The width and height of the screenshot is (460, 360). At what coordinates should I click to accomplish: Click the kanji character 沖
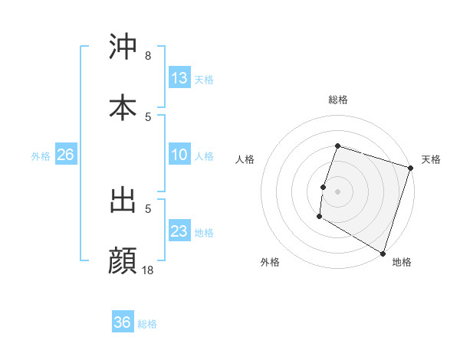tap(123, 47)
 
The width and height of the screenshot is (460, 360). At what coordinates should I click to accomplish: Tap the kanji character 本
tap(123, 108)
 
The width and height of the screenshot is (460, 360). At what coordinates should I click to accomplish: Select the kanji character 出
tap(123, 201)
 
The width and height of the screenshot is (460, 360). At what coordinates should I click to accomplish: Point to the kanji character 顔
tap(123, 261)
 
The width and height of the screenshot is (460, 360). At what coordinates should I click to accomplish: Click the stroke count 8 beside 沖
tap(147, 56)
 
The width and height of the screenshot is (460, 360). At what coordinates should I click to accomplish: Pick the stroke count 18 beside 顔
tap(147, 270)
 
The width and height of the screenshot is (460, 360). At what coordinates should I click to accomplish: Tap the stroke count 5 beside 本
tap(147, 116)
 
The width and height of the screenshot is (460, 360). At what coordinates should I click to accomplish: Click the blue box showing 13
tap(179, 78)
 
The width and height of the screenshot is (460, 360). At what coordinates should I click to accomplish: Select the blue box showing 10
tap(179, 155)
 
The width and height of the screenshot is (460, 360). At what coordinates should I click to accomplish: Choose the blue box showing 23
tap(179, 231)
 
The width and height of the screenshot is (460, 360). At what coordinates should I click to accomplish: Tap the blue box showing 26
tap(65, 155)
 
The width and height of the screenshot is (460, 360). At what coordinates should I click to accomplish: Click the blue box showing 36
tap(123, 322)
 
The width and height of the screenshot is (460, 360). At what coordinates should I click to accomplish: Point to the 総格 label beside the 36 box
tap(148, 324)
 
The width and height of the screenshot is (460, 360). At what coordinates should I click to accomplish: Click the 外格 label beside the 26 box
tap(41, 156)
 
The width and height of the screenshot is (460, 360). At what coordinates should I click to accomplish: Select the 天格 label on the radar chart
tap(431, 159)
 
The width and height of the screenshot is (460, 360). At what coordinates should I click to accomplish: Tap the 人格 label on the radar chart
tap(245, 159)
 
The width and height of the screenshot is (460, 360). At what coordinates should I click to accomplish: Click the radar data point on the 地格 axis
tap(383, 253)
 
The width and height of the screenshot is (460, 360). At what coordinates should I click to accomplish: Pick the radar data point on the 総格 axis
tap(337, 146)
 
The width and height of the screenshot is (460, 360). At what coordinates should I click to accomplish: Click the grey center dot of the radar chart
tap(337, 191)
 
